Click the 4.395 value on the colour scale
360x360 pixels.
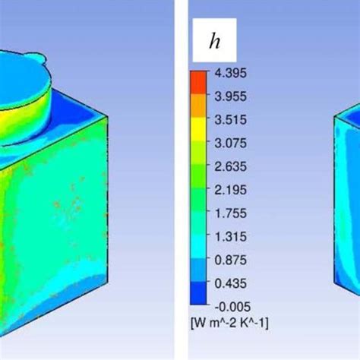click(230, 73)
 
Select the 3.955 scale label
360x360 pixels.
click(230, 96)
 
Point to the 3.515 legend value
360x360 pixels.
click(230, 120)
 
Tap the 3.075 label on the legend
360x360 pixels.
click(230, 143)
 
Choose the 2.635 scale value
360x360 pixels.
click(230, 166)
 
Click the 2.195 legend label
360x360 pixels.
click(230, 190)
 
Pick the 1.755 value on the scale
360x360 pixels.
click(230, 213)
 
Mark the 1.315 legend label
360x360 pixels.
click(230, 236)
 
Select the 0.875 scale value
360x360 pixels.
click(230, 260)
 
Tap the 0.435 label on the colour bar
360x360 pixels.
click(230, 283)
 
